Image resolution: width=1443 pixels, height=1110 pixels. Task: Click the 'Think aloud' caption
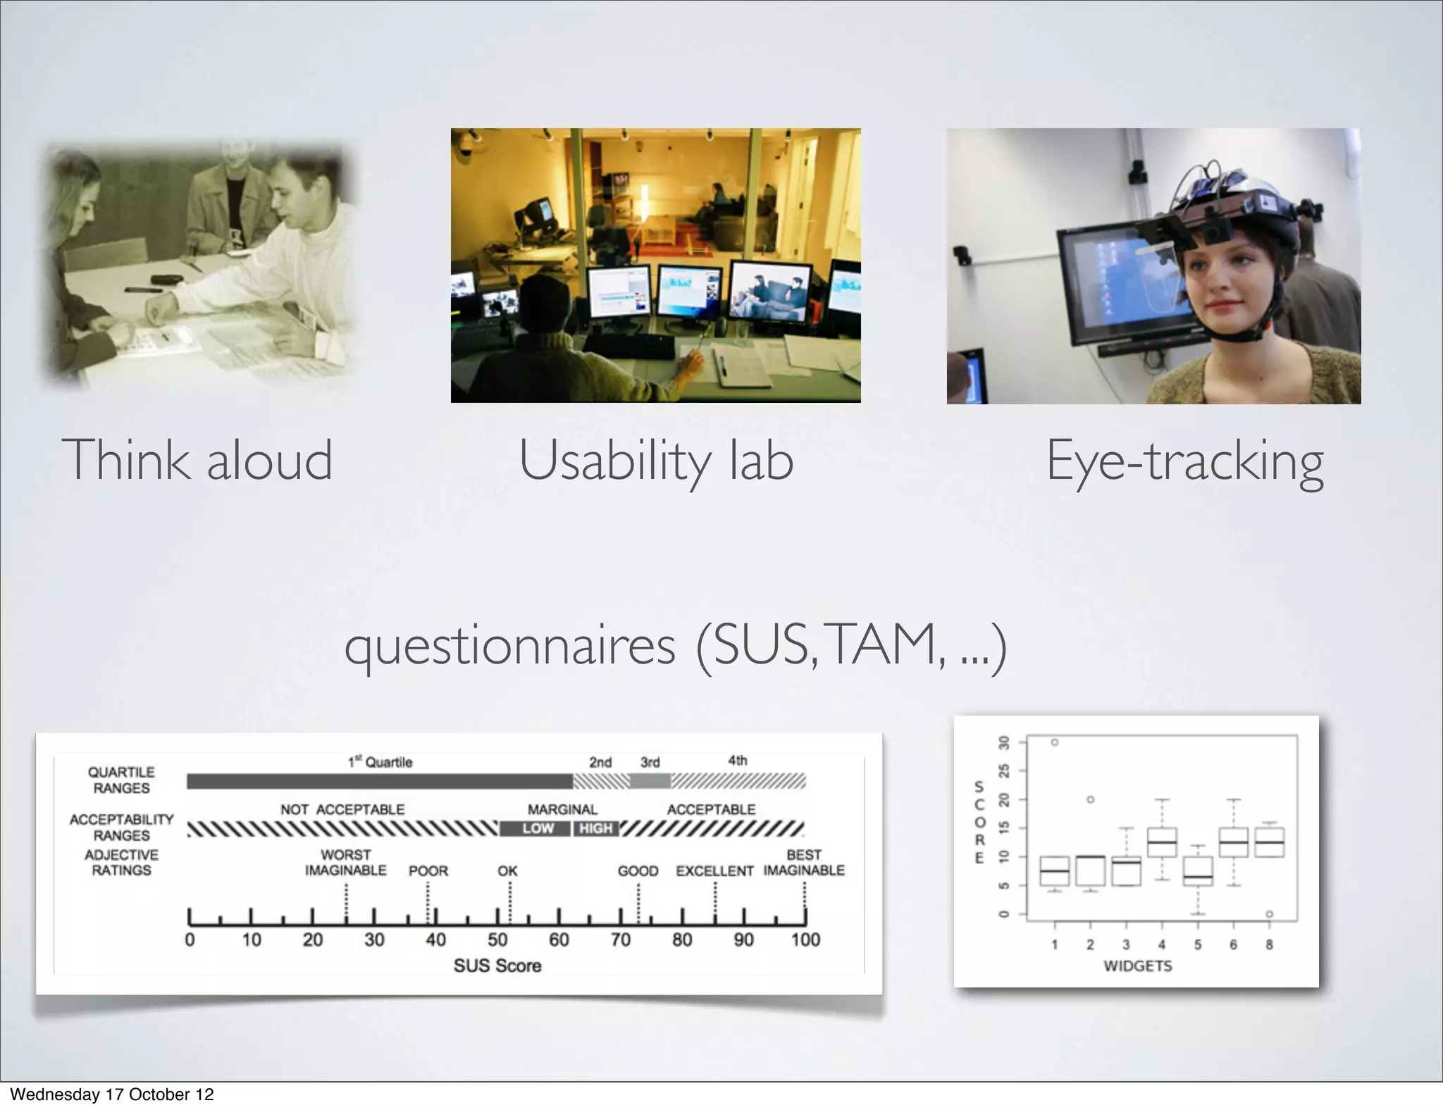point(197,460)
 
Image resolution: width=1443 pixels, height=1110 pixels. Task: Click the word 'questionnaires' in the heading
point(510,646)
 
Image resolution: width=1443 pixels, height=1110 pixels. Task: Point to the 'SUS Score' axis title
point(497,966)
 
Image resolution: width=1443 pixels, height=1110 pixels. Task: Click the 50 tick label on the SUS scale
point(497,940)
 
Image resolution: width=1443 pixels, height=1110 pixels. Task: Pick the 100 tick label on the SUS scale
point(805,940)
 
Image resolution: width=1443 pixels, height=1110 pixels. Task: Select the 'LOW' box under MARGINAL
point(537,828)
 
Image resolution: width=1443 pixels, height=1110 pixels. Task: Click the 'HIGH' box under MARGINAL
point(595,828)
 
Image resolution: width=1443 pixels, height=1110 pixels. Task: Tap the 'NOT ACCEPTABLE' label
point(342,809)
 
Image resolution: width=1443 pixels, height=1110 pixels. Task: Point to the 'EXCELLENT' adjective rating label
point(714,871)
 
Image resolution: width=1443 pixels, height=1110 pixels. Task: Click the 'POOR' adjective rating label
point(428,871)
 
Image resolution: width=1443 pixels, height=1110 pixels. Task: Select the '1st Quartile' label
point(380,762)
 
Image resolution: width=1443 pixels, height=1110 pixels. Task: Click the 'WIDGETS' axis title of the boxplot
point(1137,966)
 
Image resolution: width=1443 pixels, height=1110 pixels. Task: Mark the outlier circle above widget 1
point(1055,742)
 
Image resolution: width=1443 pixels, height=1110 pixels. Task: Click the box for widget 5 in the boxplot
point(1197,871)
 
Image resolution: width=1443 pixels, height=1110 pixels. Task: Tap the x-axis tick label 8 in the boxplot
point(1269,944)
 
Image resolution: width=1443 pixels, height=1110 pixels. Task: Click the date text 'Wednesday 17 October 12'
point(111,1094)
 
